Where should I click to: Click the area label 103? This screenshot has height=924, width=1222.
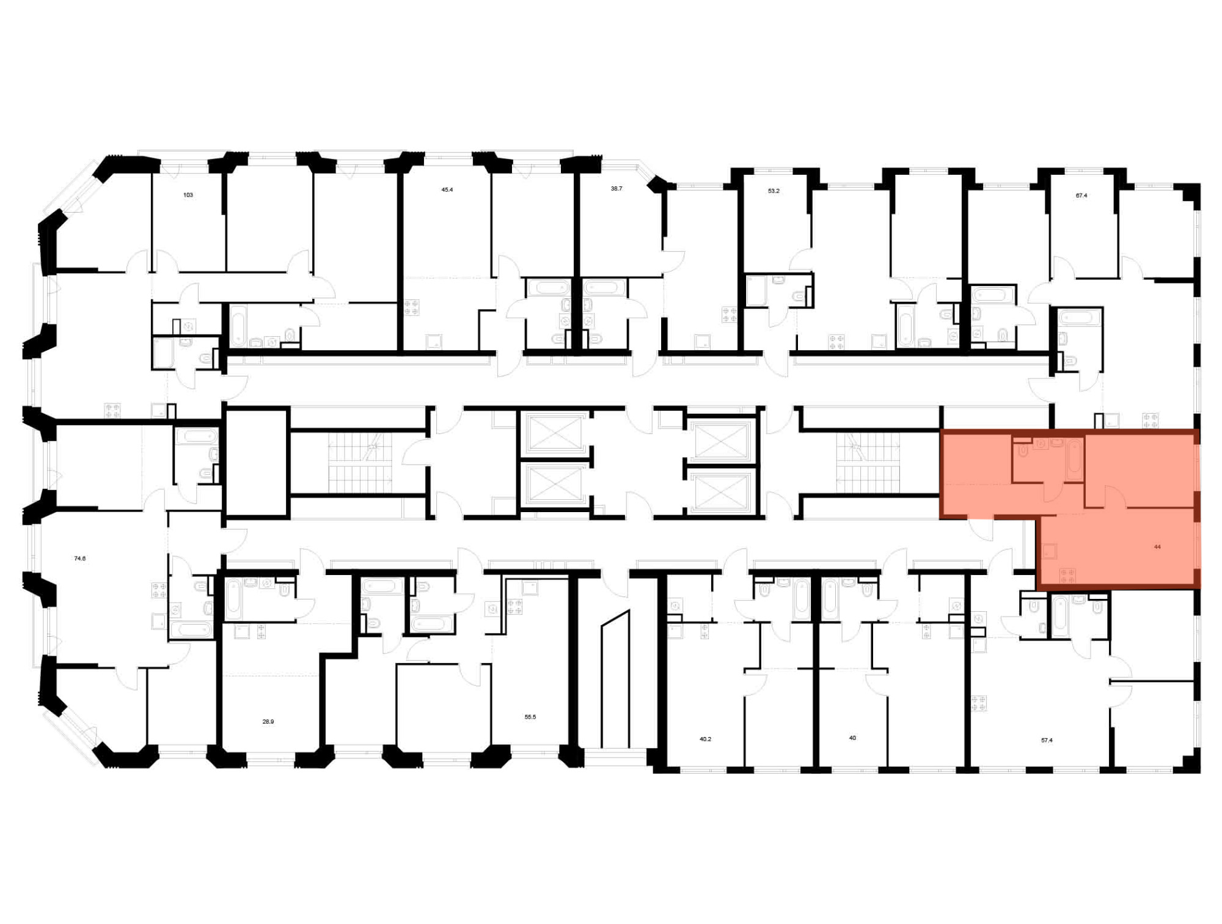tap(188, 195)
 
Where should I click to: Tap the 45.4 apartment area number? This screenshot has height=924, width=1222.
tap(447, 190)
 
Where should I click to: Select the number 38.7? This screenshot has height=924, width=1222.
tap(616, 189)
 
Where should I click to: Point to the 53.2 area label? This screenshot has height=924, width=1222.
tap(774, 191)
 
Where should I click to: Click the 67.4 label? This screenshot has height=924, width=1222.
tap(1081, 196)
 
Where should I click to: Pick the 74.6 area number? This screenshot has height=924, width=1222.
tap(80, 558)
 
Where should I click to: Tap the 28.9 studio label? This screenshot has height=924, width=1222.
tap(268, 721)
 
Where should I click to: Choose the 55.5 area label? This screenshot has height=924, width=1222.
tap(530, 717)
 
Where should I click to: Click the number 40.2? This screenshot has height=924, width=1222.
tap(706, 739)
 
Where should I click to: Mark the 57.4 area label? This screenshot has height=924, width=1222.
tap(1047, 740)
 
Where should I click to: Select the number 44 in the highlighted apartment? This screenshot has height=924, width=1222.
tap(1157, 547)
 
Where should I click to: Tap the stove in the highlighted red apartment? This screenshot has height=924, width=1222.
tap(1068, 576)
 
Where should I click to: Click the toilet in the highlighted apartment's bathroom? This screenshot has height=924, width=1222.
tap(1023, 449)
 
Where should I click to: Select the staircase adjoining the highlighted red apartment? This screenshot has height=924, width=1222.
tap(868, 463)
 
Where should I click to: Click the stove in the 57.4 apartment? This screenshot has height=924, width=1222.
tap(979, 703)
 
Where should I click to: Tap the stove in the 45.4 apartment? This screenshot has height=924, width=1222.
tap(412, 307)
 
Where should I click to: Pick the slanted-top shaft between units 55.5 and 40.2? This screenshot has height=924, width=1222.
tap(615, 679)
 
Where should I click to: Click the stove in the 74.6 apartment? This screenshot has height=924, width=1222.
tap(159, 590)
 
